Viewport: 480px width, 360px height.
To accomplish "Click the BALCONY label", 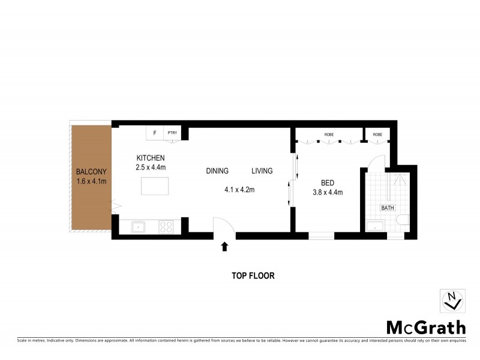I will pyautogui.click(x=91, y=170).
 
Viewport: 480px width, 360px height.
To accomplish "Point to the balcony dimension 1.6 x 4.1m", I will pyautogui.click(x=91, y=181).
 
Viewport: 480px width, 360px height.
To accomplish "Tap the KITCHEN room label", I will pyautogui.click(x=150, y=158).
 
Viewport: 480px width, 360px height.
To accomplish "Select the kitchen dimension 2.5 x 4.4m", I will pyautogui.click(x=150, y=167).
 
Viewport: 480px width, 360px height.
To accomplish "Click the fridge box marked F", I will pyautogui.click(x=155, y=133).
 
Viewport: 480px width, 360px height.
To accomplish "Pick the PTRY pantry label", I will pyautogui.click(x=172, y=133).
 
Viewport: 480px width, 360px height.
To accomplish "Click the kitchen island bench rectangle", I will pyautogui.click(x=155, y=186).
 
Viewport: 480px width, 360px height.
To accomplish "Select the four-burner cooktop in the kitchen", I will pyautogui.click(x=166, y=227).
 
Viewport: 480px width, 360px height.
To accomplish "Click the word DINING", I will pyautogui.click(x=217, y=171).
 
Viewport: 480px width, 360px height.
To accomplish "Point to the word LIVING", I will pyautogui.click(x=262, y=171).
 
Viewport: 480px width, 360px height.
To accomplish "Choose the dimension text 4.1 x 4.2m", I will pyautogui.click(x=240, y=190).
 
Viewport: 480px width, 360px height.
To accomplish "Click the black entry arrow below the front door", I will pyautogui.click(x=225, y=246).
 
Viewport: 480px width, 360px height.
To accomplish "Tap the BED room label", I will pyautogui.click(x=327, y=183).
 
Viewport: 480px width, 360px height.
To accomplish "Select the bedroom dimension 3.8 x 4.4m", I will pyautogui.click(x=327, y=193).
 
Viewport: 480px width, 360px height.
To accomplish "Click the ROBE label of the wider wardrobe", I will pyautogui.click(x=329, y=134).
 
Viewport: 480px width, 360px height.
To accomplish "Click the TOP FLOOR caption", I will pyautogui.click(x=253, y=276).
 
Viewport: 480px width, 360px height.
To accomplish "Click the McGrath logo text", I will pyautogui.click(x=425, y=328).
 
